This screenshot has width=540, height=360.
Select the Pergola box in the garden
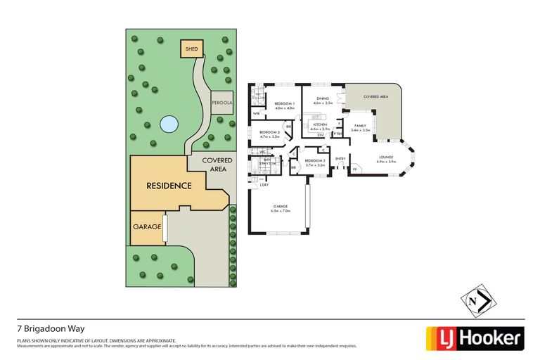(x=221, y=103)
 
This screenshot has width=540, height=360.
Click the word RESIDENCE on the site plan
(x=169, y=186)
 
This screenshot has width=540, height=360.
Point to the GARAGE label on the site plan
(x=147, y=227)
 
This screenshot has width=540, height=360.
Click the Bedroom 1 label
(x=284, y=105)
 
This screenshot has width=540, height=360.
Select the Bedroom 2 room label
(x=270, y=134)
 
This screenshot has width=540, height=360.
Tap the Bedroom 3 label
(x=315, y=162)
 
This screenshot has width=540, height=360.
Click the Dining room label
(x=323, y=101)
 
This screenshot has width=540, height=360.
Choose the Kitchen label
(x=320, y=127)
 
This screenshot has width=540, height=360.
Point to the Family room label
(x=361, y=127)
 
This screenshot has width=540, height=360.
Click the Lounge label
(x=386, y=159)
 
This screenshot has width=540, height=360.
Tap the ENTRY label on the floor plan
(x=341, y=159)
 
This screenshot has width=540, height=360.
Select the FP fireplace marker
(x=354, y=169)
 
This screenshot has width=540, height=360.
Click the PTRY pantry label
(x=338, y=134)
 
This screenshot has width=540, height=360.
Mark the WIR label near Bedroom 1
(x=256, y=112)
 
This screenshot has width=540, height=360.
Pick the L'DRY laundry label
(x=264, y=184)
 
